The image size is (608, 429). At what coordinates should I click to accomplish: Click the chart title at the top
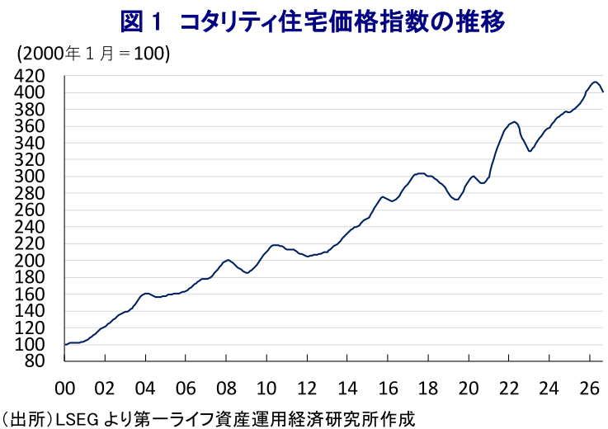point(313,21)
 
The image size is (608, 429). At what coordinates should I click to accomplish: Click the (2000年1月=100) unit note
point(92,53)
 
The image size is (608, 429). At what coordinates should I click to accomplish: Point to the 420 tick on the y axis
point(30,76)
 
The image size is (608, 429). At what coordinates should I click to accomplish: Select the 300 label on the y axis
point(30,177)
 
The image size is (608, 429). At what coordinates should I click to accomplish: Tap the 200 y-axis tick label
point(30,261)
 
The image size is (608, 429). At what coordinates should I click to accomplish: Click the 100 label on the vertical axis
point(30,345)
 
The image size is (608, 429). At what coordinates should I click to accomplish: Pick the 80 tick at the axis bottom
point(35,361)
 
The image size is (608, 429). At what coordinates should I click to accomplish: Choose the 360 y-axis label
point(30,126)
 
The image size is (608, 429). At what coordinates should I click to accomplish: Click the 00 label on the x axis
point(64,389)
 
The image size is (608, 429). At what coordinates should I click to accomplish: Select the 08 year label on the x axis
point(226,389)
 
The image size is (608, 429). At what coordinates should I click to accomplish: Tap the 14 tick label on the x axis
point(347,389)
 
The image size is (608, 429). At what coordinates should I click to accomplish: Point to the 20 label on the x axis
point(469,389)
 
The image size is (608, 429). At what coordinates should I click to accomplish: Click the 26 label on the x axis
point(589,389)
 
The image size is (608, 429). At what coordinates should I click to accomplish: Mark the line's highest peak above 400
point(595,82)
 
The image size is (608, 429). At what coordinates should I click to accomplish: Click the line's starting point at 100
point(64,345)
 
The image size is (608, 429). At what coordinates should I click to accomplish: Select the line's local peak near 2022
point(514,122)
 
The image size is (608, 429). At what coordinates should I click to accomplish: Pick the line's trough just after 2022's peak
point(530,151)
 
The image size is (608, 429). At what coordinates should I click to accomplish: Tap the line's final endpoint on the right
point(603,92)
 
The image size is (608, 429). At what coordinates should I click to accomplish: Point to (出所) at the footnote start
point(26,420)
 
